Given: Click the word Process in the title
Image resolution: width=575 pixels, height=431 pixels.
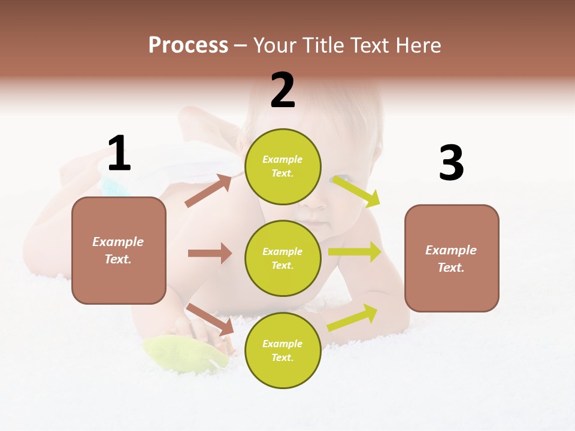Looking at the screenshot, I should point(188,45).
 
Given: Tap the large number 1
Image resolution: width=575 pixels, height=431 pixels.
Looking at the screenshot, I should point(119,153).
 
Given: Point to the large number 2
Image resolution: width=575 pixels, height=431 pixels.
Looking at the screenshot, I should point(283,90).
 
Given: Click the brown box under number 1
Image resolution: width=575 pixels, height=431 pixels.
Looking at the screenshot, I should point(119,250).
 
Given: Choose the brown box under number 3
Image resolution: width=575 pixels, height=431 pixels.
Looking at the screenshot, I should point(452,258).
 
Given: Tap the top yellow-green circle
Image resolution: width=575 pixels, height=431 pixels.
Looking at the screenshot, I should point(283,166).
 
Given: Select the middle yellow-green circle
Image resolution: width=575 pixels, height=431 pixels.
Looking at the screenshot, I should point(283,258).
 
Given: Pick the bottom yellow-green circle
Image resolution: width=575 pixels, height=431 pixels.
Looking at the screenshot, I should point(283,350).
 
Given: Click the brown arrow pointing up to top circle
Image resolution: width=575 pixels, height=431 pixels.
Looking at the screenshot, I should point(208,191).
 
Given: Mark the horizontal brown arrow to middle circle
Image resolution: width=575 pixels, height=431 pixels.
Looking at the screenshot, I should point(210,253).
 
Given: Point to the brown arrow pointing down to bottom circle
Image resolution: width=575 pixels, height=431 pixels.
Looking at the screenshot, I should point(210,319).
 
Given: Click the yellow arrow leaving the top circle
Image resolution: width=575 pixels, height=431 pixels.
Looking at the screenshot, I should point(356,191).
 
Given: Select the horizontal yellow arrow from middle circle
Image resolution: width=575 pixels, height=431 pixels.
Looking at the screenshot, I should point(355,252).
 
